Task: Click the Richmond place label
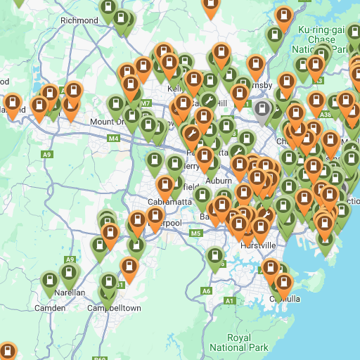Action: pyautogui.click(x=79, y=20)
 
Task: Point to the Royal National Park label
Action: pyautogui.click(x=239, y=342)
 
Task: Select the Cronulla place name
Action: pyautogui.click(x=285, y=299)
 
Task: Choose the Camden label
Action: pyautogui.click(x=50, y=308)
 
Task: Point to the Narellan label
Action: pyautogui.click(x=70, y=292)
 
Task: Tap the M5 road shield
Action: pyautogui.click(x=195, y=233)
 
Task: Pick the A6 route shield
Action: pyautogui.click(x=206, y=290)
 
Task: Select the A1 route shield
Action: pyautogui.click(x=229, y=301)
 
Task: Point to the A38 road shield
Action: pyautogui.click(x=325, y=113)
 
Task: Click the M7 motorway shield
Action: pyautogui.click(x=146, y=104)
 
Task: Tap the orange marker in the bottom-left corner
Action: pyautogui.click(x=7, y=351)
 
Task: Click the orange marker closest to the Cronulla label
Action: pyautogui.click(x=283, y=283)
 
